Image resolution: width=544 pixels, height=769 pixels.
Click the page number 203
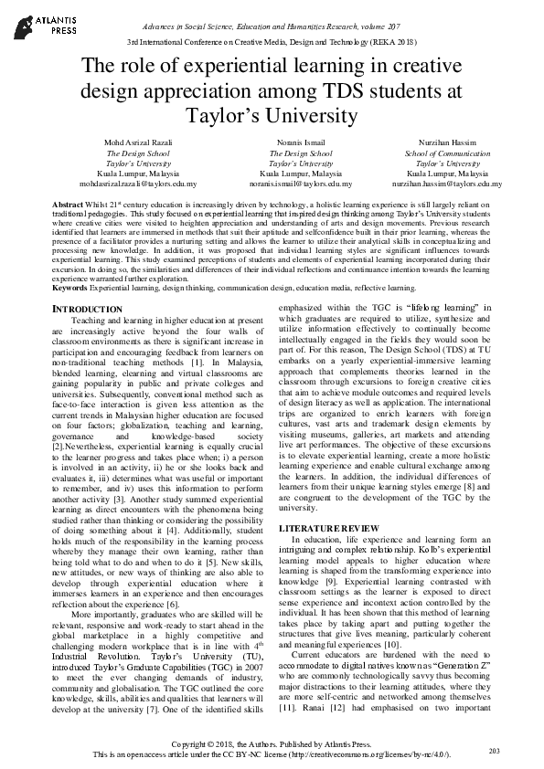tap(495, 750)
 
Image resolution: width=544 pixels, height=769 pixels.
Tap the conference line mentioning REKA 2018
tap(272, 44)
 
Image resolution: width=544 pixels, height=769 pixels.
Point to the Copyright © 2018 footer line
tap(272, 745)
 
